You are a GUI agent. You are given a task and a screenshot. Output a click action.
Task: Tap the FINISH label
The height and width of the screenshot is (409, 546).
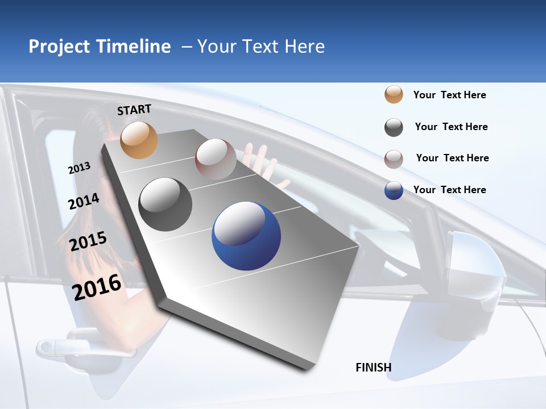[x=374, y=368]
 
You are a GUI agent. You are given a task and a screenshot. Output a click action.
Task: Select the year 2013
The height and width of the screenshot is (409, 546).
[x=80, y=168]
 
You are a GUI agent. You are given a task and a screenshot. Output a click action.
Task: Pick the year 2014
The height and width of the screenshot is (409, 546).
[x=84, y=201]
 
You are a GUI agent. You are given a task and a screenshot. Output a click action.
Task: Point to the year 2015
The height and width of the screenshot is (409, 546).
[x=88, y=241]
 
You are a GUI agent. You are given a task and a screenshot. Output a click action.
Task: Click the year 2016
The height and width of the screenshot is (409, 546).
[x=97, y=287]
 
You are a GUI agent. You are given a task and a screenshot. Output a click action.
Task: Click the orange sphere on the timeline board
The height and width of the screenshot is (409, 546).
[x=139, y=140]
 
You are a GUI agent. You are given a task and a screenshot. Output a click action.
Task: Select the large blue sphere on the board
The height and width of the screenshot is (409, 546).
[x=246, y=235]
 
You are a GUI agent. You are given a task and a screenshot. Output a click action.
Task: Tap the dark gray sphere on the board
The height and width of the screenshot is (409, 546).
[x=166, y=204]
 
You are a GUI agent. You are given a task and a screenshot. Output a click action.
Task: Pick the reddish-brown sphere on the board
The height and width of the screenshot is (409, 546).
[x=216, y=159]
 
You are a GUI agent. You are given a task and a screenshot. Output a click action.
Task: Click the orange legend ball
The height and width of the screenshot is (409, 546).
[x=394, y=94]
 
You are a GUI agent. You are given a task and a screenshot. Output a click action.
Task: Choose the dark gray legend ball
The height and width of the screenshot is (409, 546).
[x=394, y=127]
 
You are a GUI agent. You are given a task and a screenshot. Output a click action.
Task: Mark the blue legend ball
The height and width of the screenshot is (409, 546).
[x=394, y=190]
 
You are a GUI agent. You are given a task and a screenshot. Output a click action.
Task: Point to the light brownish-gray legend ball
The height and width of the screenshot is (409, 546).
[x=394, y=159]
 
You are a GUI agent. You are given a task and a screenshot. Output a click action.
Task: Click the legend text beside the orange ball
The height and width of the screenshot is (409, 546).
[x=450, y=95]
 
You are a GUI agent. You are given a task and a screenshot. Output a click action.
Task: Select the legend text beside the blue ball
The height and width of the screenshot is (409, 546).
[x=450, y=190]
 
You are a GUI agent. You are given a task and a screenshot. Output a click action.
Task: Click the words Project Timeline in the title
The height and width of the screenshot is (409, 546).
[x=100, y=47]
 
